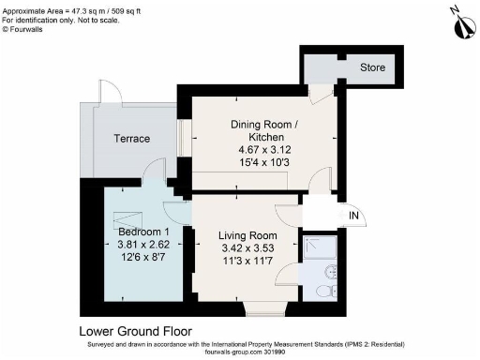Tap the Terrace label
coord(131,139)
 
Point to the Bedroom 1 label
coord(142,232)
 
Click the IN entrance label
coord(353,217)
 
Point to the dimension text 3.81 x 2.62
coord(142,245)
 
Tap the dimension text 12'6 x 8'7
coord(142,258)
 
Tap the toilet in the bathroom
coord(325,292)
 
